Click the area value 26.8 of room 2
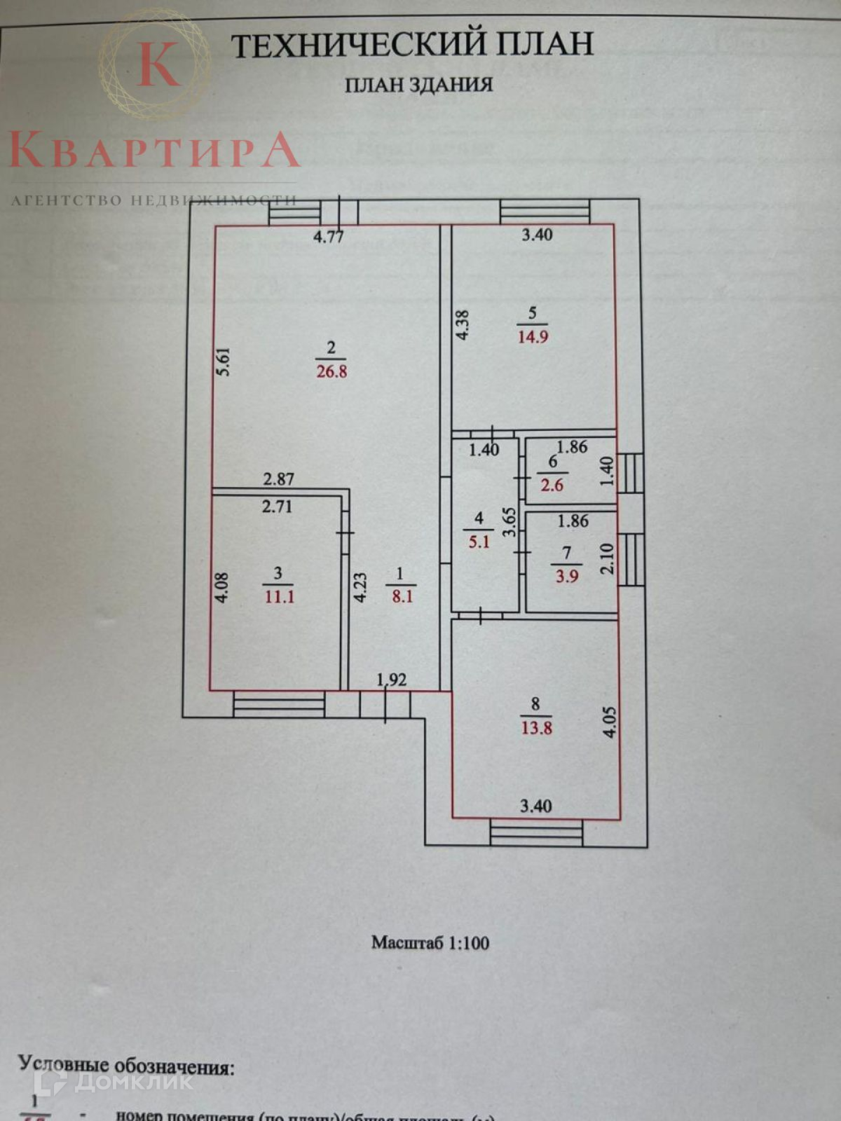tap(331, 371)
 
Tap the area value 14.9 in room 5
tap(533, 337)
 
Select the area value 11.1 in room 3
tap(279, 597)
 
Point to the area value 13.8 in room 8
tap(536, 728)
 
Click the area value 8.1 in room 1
tap(402, 597)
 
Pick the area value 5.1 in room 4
tap(479, 542)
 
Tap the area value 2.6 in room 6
tap(552, 485)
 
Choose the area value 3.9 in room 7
tap(566, 577)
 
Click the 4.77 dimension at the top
tap(328, 236)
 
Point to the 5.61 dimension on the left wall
tap(223, 362)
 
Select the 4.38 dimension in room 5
tap(462, 325)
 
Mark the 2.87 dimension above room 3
tap(278, 479)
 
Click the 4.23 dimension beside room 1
tap(360, 587)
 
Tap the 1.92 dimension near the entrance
tap(392, 680)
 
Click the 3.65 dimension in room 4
tap(510, 522)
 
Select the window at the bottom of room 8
tap(536, 833)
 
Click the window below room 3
tap(279, 704)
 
